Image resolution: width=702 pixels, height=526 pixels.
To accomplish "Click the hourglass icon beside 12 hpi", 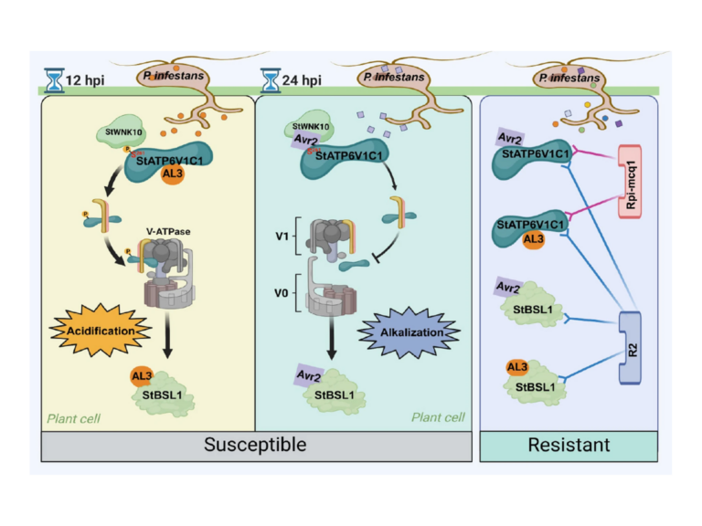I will (54, 80).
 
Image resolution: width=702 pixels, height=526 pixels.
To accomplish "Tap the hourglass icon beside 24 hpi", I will (270, 80).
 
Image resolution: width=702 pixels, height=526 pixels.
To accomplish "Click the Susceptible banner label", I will (255, 445).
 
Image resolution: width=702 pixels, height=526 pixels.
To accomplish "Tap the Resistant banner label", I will (568, 445).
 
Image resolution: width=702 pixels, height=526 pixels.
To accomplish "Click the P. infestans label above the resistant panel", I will (569, 79).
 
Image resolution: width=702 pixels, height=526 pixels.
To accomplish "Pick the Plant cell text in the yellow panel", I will (72, 418).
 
